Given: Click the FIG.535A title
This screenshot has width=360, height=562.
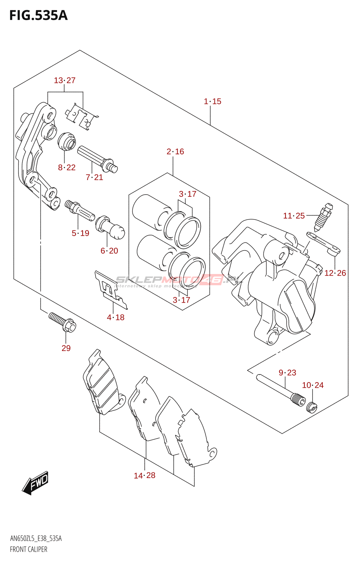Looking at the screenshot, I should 38,16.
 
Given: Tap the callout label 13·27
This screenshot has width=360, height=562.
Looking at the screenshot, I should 65,80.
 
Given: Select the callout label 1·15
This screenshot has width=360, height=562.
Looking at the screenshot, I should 212,102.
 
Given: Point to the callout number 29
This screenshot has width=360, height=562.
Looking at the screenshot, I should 66,348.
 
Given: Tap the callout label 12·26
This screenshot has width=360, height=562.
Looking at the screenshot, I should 335,273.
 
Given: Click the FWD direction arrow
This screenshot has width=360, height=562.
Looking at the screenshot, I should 36,483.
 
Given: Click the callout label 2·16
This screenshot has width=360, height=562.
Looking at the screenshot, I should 175,152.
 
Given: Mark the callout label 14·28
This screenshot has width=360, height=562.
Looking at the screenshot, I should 144,476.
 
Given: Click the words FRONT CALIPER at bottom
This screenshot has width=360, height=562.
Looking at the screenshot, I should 28,549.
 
